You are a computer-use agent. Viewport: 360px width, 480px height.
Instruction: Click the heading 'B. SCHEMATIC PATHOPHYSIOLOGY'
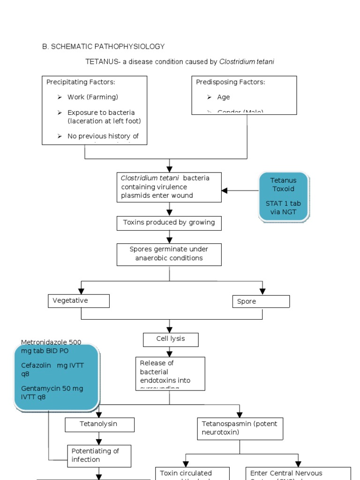point(104,46)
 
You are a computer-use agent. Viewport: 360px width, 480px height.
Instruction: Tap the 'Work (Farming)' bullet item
point(92,97)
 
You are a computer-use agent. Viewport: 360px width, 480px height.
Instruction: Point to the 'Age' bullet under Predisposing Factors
point(223,97)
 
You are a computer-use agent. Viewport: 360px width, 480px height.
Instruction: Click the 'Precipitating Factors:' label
point(81,82)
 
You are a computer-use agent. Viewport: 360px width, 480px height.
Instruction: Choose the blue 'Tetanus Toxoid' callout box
point(284,196)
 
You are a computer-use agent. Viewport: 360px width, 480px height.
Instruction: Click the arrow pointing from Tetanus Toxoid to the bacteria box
point(225,190)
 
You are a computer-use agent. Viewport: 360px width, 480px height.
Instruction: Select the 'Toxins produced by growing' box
point(169,223)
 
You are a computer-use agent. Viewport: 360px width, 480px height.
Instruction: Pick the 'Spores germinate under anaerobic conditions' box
point(169,254)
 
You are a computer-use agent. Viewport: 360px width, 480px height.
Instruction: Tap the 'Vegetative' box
point(79,301)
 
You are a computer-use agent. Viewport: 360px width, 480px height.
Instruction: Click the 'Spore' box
point(261,301)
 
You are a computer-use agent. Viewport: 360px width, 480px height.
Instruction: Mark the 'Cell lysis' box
point(171,339)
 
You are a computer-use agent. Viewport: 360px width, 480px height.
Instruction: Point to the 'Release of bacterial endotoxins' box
point(171,373)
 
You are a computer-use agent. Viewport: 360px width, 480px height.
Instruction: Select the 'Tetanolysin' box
point(99,424)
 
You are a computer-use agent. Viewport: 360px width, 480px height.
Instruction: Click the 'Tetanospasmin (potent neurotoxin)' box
point(240,428)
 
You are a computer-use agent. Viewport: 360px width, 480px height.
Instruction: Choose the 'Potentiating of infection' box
point(99,456)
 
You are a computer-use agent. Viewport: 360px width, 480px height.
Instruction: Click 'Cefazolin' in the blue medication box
point(35,366)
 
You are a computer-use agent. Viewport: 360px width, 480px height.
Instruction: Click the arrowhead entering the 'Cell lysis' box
point(170,330)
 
